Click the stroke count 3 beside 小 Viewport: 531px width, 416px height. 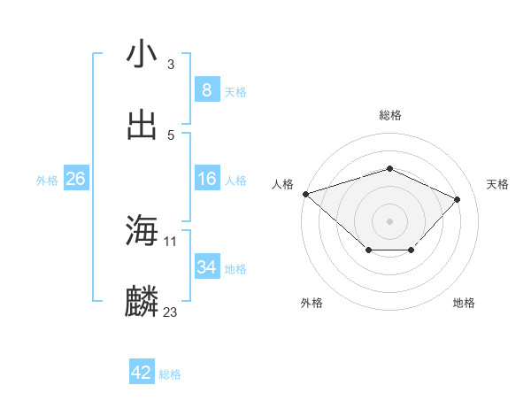171,64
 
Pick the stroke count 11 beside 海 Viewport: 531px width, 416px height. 171,241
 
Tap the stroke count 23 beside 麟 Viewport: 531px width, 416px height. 171,312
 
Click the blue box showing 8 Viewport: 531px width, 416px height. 206,90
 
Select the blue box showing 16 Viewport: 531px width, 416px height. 206,179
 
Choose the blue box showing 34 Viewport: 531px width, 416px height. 206,267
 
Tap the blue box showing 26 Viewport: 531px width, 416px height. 75,179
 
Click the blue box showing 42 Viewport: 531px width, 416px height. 142,373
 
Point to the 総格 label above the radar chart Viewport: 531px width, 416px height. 390,115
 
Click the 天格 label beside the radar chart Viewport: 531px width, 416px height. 498,184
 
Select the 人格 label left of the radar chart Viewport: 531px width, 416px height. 282,184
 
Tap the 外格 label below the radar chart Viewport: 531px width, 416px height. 311,304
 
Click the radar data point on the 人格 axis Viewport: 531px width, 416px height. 305,194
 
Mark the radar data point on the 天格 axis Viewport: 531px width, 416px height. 457,199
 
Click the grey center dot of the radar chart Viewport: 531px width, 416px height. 390,220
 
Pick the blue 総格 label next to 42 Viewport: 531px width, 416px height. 170,374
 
